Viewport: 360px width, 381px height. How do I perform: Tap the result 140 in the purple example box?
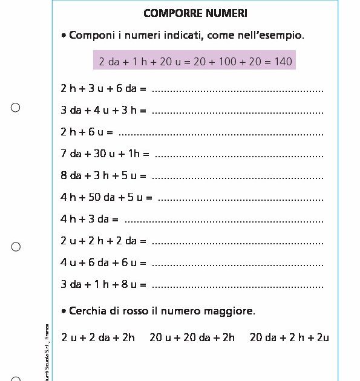point(283,62)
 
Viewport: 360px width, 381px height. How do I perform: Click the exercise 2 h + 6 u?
point(87,132)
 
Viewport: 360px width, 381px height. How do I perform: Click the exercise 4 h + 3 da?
point(89,219)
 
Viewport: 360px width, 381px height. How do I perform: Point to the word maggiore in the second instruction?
point(231,312)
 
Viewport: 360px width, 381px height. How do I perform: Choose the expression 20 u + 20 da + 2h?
point(192,337)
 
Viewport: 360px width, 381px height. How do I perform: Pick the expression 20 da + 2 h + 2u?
point(289,337)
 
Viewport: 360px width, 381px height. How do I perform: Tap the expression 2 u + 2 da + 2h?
point(98,337)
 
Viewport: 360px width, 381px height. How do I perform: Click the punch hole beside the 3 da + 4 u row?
point(16,108)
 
